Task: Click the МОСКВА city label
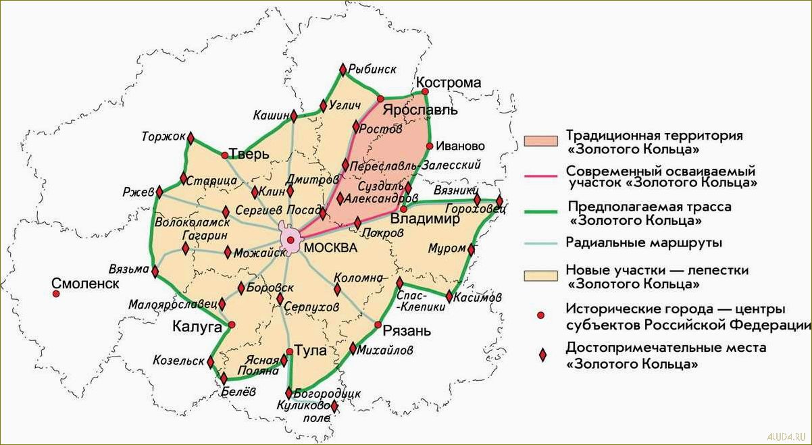[x=330, y=248]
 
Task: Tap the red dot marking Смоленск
[x=56, y=294]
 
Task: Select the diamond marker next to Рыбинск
[x=342, y=70]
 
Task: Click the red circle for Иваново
[x=430, y=146]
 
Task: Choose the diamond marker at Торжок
[x=191, y=138]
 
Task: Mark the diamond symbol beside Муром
[x=471, y=251]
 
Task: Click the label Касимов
[x=478, y=297]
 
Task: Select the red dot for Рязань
[x=378, y=325]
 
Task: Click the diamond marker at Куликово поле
[x=334, y=406]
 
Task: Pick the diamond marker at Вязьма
[x=155, y=272]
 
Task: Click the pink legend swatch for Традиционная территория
[x=540, y=140]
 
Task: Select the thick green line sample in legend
[x=540, y=211]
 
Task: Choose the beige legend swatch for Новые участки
[x=540, y=276]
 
